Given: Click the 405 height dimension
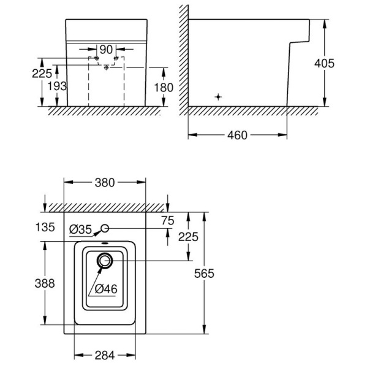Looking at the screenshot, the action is pos(324,64).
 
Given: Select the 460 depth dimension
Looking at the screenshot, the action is pos(237,136).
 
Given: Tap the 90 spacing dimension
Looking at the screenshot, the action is pos(106,50).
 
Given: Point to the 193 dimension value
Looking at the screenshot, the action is pos(57,86).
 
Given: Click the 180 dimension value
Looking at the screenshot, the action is pos(164,88).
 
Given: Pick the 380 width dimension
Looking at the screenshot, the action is pos(105,183).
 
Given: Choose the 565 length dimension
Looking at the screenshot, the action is pos(204,274).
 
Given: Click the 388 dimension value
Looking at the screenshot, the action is pos(45,283).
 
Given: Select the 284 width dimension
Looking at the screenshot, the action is pos(105,355).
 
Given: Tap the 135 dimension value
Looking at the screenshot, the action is pos(45,227).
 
